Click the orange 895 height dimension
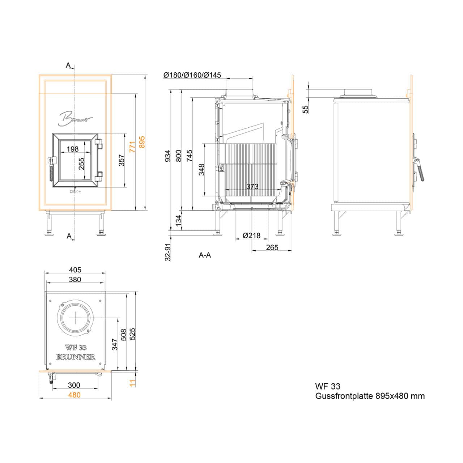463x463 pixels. (142, 142)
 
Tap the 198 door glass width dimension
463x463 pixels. (73, 149)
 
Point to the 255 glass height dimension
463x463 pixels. (82, 163)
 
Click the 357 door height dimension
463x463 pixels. (122, 161)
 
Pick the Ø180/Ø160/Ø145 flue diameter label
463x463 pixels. (192, 75)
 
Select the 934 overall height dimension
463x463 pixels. (168, 156)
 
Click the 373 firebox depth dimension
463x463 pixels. (252, 186)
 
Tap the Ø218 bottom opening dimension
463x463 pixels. (251, 235)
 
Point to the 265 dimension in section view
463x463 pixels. (272, 247)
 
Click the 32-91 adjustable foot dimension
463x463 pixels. (168, 252)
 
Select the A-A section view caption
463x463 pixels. (205, 255)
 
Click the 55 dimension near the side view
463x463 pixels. (305, 109)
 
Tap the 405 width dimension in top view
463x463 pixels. (75, 270)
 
